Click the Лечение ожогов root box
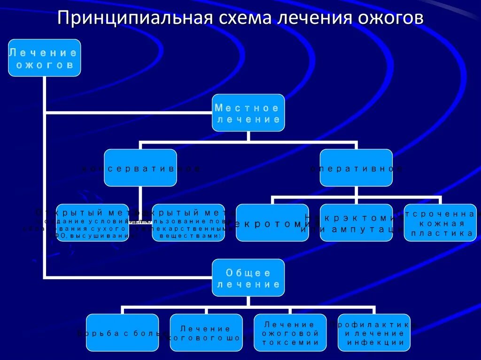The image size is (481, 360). (44, 58)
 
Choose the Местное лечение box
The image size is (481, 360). (248, 113)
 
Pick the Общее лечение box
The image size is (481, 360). (248, 278)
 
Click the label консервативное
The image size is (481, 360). (140, 168)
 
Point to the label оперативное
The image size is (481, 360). (356, 168)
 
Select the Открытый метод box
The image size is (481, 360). (93, 222)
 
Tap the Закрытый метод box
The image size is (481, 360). (188, 222)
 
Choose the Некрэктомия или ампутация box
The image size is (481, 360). (356, 223)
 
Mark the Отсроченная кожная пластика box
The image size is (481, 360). (440, 222)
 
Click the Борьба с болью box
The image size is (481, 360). (123, 333)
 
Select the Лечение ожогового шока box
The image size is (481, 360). (206, 333)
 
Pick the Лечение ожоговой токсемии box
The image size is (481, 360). (290, 333)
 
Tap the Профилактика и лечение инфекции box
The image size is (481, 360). (374, 333)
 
